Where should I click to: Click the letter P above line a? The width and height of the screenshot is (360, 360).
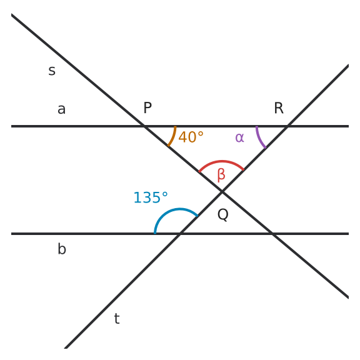(x=147, y=107)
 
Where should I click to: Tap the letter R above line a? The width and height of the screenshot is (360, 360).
(x=279, y=107)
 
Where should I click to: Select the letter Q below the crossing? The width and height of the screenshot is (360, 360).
(x=223, y=214)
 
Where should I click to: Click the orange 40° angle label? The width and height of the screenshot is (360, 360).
(x=191, y=137)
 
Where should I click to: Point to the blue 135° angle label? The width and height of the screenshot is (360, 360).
(x=151, y=197)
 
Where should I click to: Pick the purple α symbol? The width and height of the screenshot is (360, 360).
(x=239, y=137)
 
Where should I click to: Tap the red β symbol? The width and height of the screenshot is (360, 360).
(x=221, y=175)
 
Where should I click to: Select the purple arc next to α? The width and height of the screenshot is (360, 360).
(x=259, y=139)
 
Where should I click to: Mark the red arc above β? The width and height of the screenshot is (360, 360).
(x=221, y=161)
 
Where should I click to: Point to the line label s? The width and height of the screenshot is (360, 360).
(x=52, y=71)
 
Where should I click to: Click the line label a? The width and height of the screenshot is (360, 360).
(x=61, y=109)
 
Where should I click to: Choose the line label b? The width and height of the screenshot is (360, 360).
(x=62, y=249)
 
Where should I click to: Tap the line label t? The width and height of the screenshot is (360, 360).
(x=117, y=319)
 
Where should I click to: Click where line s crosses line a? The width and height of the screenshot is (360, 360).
(x=144, y=126)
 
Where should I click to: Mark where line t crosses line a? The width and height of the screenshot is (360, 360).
(x=287, y=126)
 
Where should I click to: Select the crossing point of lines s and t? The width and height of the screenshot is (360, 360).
(x=222, y=191)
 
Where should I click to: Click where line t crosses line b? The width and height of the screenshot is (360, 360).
(x=180, y=234)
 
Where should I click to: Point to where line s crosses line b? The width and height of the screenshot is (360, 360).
(x=272, y=234)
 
